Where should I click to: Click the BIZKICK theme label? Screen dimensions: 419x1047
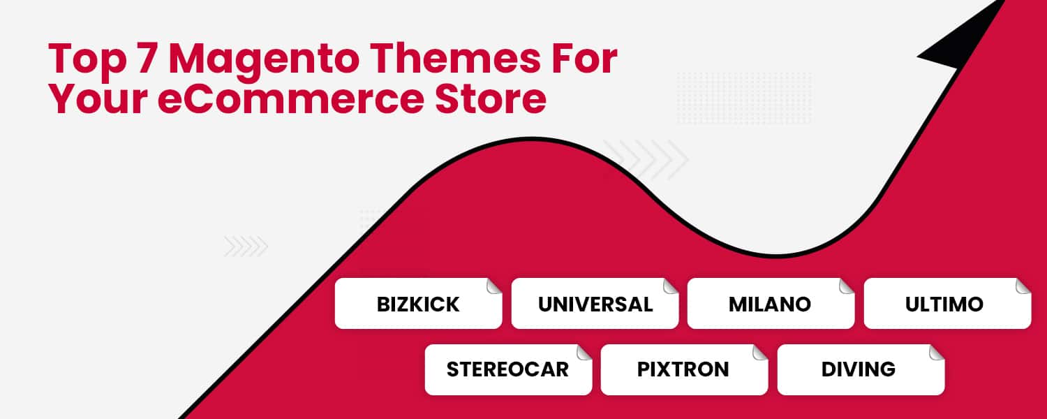[x=418, y=304]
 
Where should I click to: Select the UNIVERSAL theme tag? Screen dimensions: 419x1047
[x=595, y=304]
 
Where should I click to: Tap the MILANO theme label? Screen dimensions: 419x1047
[x=770, y=304]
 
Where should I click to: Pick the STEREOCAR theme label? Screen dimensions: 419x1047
[x=507, y=369]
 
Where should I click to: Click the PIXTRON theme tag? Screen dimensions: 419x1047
[x=683, y=369]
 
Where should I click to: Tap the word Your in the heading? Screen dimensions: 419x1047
[x=98, y=99]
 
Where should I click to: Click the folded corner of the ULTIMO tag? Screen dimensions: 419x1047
[x=1023, y=286]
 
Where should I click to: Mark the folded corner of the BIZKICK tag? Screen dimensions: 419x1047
[x=494, y=286]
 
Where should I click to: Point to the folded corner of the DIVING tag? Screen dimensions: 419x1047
[x=937, y=352]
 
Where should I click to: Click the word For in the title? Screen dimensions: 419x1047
[x=584, y=59]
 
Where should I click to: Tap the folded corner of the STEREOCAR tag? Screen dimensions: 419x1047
[x=584, y=352]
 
